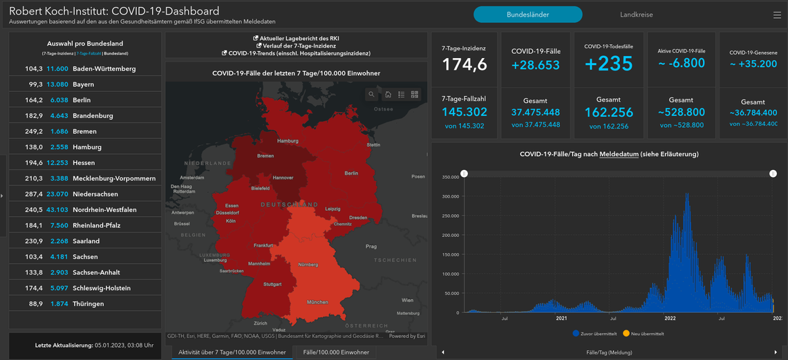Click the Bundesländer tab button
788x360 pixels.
(527, 15)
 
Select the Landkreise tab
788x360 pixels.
(636, 15)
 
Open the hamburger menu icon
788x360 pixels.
(777, 15)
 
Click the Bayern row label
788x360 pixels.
(83, 84)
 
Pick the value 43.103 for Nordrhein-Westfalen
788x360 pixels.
(57, 210)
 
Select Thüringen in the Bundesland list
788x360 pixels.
(88, 304)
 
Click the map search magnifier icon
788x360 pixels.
(372, 95)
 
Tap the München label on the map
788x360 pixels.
(317, 303)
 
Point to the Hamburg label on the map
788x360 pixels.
(288, 141)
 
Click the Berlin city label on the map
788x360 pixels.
(351, 173)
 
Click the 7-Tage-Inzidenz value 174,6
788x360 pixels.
(465, 64)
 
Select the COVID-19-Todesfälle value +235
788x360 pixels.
(608, 64)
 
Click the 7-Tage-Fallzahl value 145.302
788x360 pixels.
(465, 112)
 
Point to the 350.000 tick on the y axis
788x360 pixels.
(449, 177)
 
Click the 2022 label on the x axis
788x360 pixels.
(670, 319)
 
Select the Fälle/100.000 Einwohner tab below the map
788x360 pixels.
(336, 352)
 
